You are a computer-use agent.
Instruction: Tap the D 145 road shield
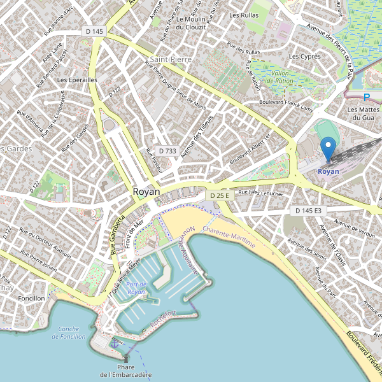94,31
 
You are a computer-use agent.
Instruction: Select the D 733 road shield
167,151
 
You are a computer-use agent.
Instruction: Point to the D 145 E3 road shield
309,210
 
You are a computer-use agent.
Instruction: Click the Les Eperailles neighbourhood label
77,80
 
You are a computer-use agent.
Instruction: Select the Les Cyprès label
304,57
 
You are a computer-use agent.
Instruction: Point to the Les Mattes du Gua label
361,113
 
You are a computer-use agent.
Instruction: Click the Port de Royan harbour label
136,288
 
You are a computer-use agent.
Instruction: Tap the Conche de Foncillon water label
71,332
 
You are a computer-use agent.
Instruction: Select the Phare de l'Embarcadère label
126,371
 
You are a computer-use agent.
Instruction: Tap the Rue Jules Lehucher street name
260,192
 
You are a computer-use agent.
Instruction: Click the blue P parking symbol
366,97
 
